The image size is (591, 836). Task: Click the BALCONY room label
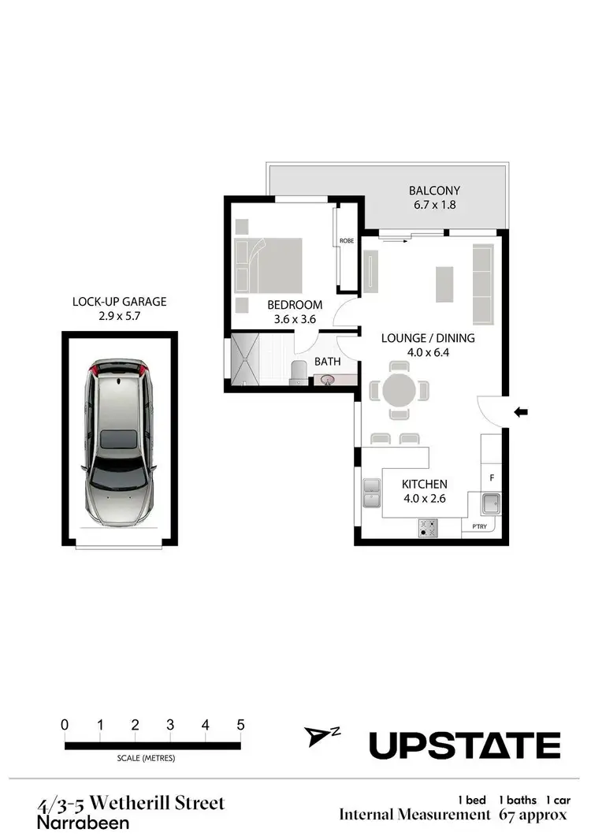[434, 191]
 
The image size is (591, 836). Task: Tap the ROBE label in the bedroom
[346, 241]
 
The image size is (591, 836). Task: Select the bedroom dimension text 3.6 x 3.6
[295, 320]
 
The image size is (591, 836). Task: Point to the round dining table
[400, 390]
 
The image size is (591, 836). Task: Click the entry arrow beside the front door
[521, 411]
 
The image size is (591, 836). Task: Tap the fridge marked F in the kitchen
[492, 477]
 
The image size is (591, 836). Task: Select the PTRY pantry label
[479, 526]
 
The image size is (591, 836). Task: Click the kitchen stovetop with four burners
[429, 528]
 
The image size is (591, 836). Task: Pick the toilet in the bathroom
[299, 371]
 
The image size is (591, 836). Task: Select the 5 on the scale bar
[240, 725]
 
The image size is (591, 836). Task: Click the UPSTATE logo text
[465, 745]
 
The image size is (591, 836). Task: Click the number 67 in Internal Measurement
[510, 815]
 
